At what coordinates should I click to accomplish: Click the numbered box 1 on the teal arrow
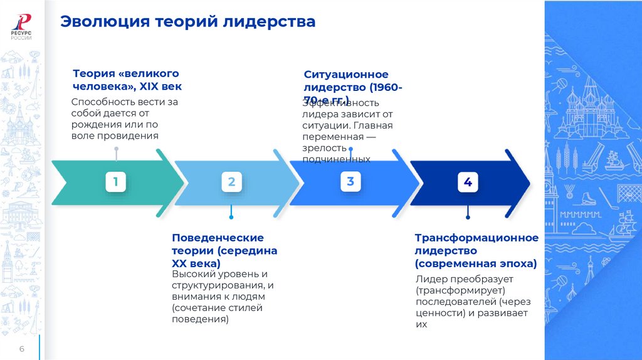point(115,183)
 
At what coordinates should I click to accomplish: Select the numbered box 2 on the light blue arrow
point(231,183)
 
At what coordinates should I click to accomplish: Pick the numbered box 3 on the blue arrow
point(350,182)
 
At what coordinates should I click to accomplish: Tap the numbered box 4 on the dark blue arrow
point(468,183)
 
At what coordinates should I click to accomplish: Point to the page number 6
point(21,349)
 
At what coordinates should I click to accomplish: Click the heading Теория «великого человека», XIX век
point(127,80)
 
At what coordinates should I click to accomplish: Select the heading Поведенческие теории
point(218,238)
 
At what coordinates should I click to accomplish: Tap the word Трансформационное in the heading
point(476,238)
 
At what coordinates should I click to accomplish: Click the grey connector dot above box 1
point(116,149)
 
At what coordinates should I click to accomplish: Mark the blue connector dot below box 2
point(231,217)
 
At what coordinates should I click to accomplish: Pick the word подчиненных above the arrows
point(336,160)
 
